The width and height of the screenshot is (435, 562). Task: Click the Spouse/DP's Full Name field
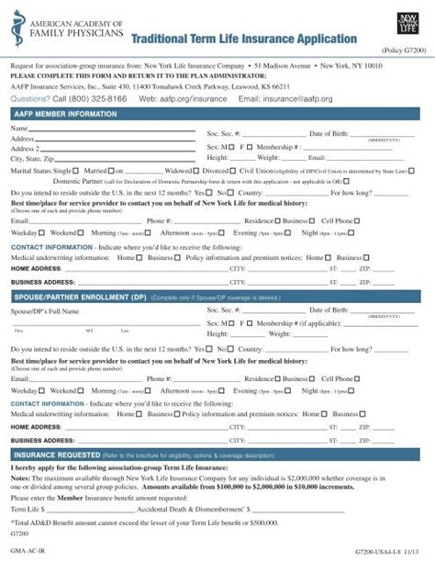pyautogui.click(x=128, y=313)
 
